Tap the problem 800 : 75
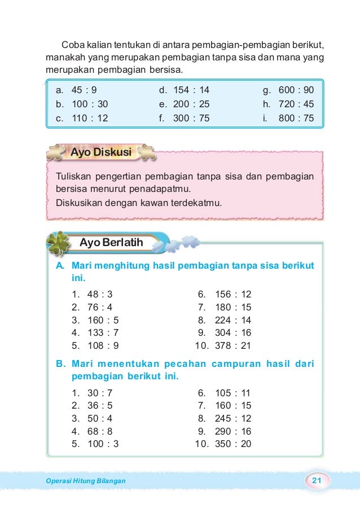point(296,119)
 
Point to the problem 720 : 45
point(296,104)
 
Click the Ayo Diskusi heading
point(100,152)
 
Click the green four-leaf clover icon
point(59,244)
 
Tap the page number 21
point(317,480)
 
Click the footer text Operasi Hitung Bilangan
point(85,481)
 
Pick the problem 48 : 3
point(99,294)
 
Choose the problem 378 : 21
point(232,346)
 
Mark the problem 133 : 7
point(102,333)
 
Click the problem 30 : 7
point(99,393)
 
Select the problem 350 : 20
point(232,444)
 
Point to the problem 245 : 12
point(232,419)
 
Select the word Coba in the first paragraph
point(72,45)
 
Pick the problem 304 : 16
point(232,333)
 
